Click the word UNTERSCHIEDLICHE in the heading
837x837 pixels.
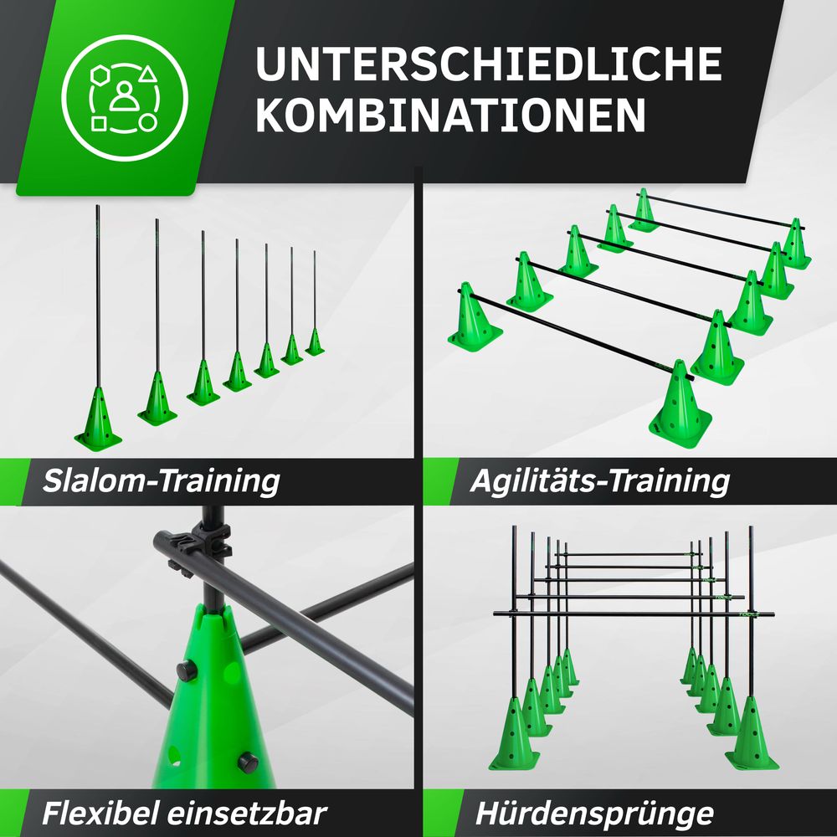(489, 64)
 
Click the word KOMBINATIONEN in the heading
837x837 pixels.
(451, 115)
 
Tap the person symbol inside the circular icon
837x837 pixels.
(124, 96)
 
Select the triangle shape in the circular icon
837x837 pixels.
(148, 74)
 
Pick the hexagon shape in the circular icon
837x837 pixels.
(100, 75)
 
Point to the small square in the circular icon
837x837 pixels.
(99, 124)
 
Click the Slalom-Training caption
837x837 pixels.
(162, 481)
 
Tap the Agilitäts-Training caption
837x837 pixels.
(600, 481)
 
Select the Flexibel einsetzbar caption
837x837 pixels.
(184, 814)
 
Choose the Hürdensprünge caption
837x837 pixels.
(594, 814)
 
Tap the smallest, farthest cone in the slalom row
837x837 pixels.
(315, 342)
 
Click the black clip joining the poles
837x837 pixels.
(210, 542)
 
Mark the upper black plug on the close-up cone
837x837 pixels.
(187, 670)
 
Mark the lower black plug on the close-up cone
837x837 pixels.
(248, 763)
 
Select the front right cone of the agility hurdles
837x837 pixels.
(680, 404)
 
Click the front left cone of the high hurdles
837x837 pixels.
(514, 735)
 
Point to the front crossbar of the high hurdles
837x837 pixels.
(634, 614)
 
